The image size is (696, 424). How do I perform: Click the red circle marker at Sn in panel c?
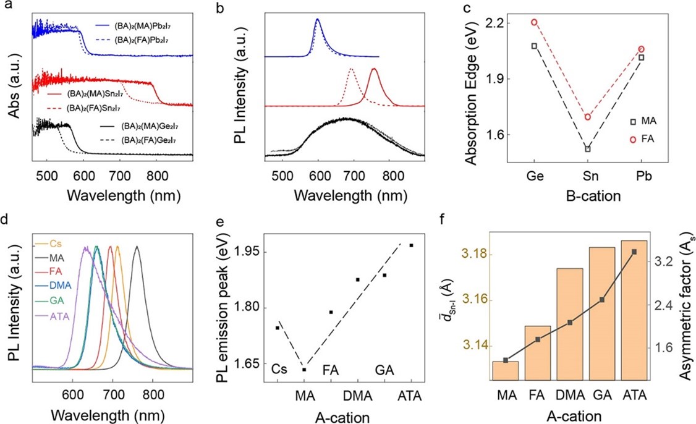(588, 117)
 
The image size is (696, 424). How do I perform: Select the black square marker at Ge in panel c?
(534, 46)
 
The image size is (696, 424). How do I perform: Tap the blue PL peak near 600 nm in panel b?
(318, 19)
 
